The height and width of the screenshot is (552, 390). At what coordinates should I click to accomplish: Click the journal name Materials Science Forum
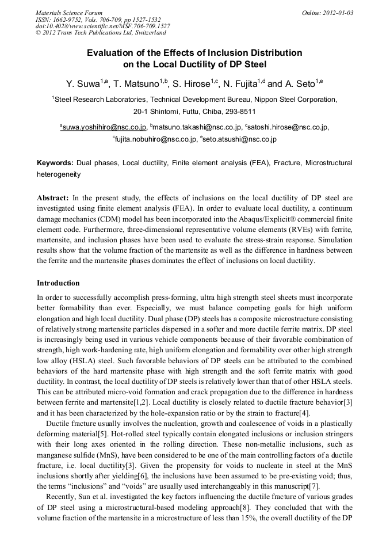pos(69,13)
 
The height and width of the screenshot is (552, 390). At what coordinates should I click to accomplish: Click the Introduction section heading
pos(58,283)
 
